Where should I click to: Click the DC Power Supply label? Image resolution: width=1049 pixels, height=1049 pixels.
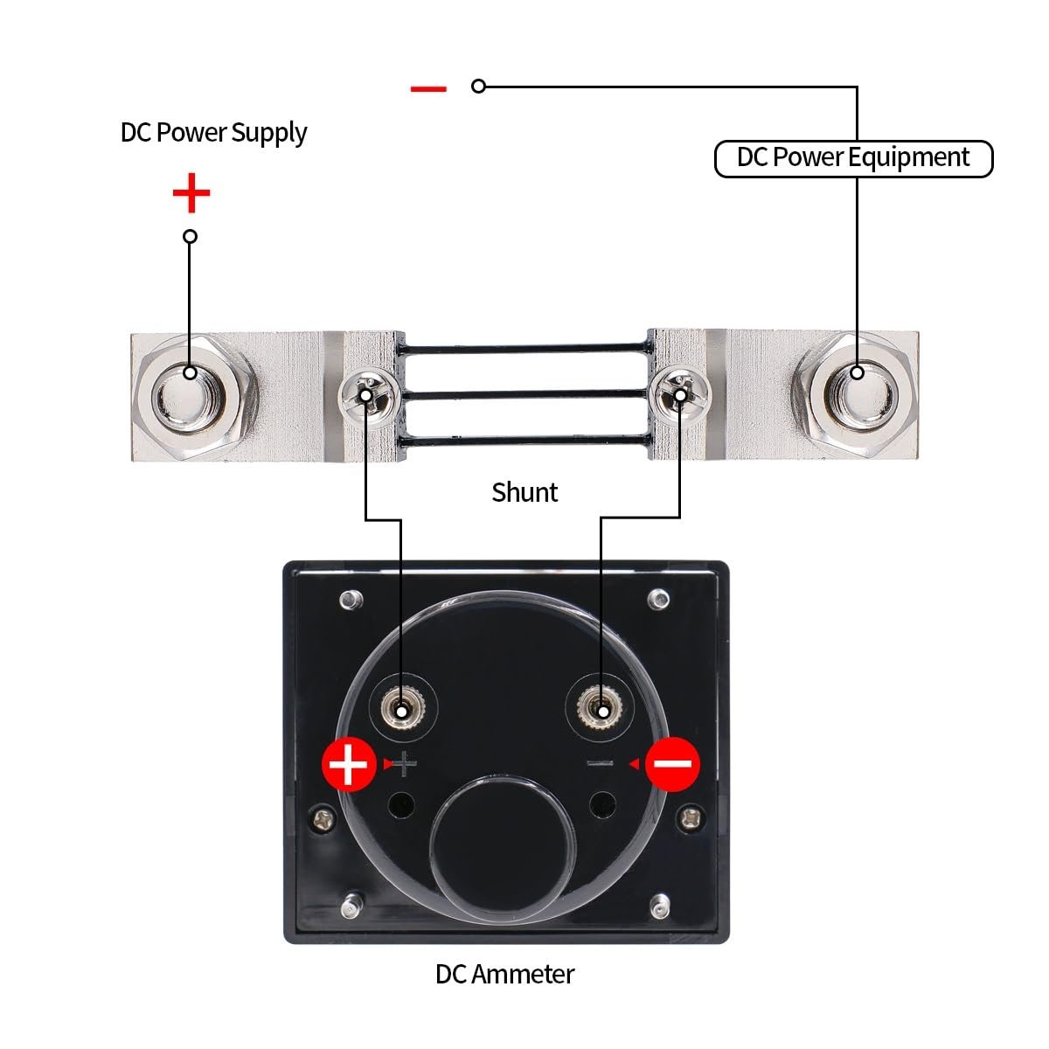(213, 133)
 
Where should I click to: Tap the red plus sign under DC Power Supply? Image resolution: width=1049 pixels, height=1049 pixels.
(191, 192)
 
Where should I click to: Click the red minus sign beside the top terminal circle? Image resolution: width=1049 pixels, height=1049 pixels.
(428, 89)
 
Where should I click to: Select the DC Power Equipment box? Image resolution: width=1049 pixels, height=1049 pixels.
(853, 159)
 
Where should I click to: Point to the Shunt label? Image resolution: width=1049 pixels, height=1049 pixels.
(524, 492)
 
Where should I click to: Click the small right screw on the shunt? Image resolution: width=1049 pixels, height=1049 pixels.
(680, 394)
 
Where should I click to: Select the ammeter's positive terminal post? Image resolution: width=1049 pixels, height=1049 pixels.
(402, 707)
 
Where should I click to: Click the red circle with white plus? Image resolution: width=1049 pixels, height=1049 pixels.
(349, 764)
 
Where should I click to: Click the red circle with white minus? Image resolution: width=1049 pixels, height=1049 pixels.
(672, 764)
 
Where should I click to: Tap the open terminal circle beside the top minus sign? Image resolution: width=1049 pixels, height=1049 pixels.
(478, 86)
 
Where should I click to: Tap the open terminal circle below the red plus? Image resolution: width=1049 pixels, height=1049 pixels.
(190, 236)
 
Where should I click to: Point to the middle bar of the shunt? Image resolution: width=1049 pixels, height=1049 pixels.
(524, 393)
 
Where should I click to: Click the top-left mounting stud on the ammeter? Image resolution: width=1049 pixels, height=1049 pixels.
(351, 600)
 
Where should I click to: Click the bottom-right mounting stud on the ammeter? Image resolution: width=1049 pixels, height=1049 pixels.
(660, 906)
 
